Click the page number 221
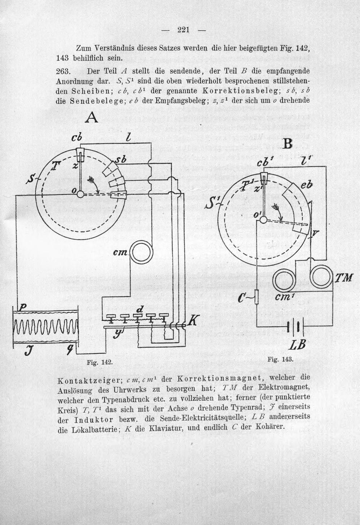(183, 30)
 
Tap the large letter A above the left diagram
(91, 117)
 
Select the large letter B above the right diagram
(287, 144)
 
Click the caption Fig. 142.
(100, 362)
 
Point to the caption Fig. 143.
(280, 359)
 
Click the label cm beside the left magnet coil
(120, 253)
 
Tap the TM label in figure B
(343, 278)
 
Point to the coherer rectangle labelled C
(257, 297)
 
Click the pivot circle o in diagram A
(80, 194)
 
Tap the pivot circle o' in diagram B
(263, 219)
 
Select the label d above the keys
(140, 309)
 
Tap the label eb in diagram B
(306, 185)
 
